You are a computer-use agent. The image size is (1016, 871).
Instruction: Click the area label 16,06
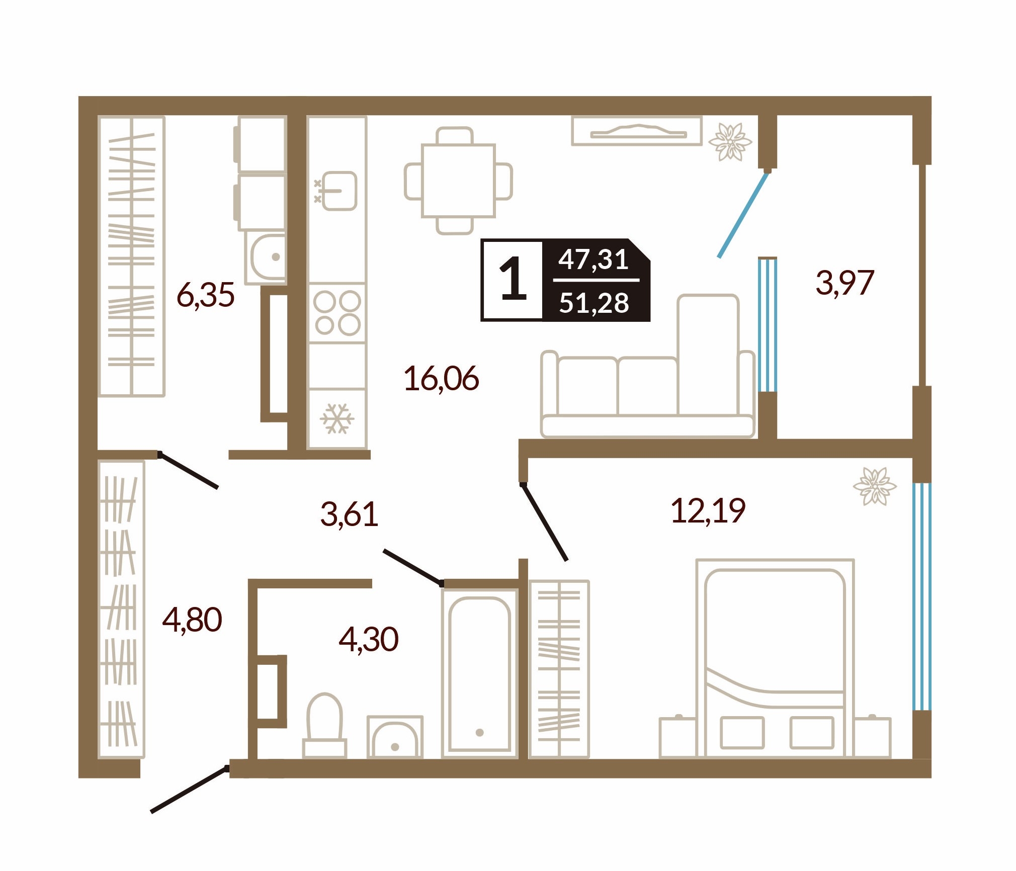point(441,379)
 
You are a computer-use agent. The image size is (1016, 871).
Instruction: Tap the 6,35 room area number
point(205,295)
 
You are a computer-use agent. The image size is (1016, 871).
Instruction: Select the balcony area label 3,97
point(845,283)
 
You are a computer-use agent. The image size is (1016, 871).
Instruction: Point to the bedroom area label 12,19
point(708,511)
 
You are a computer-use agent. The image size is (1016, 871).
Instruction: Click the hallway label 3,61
point(349,514)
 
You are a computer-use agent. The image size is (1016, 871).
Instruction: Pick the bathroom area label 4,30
point(369,640)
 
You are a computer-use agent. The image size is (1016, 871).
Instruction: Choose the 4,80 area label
point(192,620)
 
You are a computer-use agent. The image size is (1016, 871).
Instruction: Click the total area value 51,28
point(594,303)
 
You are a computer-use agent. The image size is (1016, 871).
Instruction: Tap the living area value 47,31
point(594,259)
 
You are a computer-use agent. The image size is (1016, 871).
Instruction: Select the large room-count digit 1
point(513,279)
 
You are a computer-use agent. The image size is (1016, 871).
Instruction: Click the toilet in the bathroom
point(324,725)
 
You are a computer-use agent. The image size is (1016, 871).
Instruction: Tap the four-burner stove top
point(337,313)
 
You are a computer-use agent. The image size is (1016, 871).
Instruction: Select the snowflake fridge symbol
point(337,418)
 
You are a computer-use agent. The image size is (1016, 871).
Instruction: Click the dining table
point(458,181)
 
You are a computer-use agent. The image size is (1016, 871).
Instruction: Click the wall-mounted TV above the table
point(637,131)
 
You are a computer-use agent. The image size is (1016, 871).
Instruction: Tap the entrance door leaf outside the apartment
point(190,789)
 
